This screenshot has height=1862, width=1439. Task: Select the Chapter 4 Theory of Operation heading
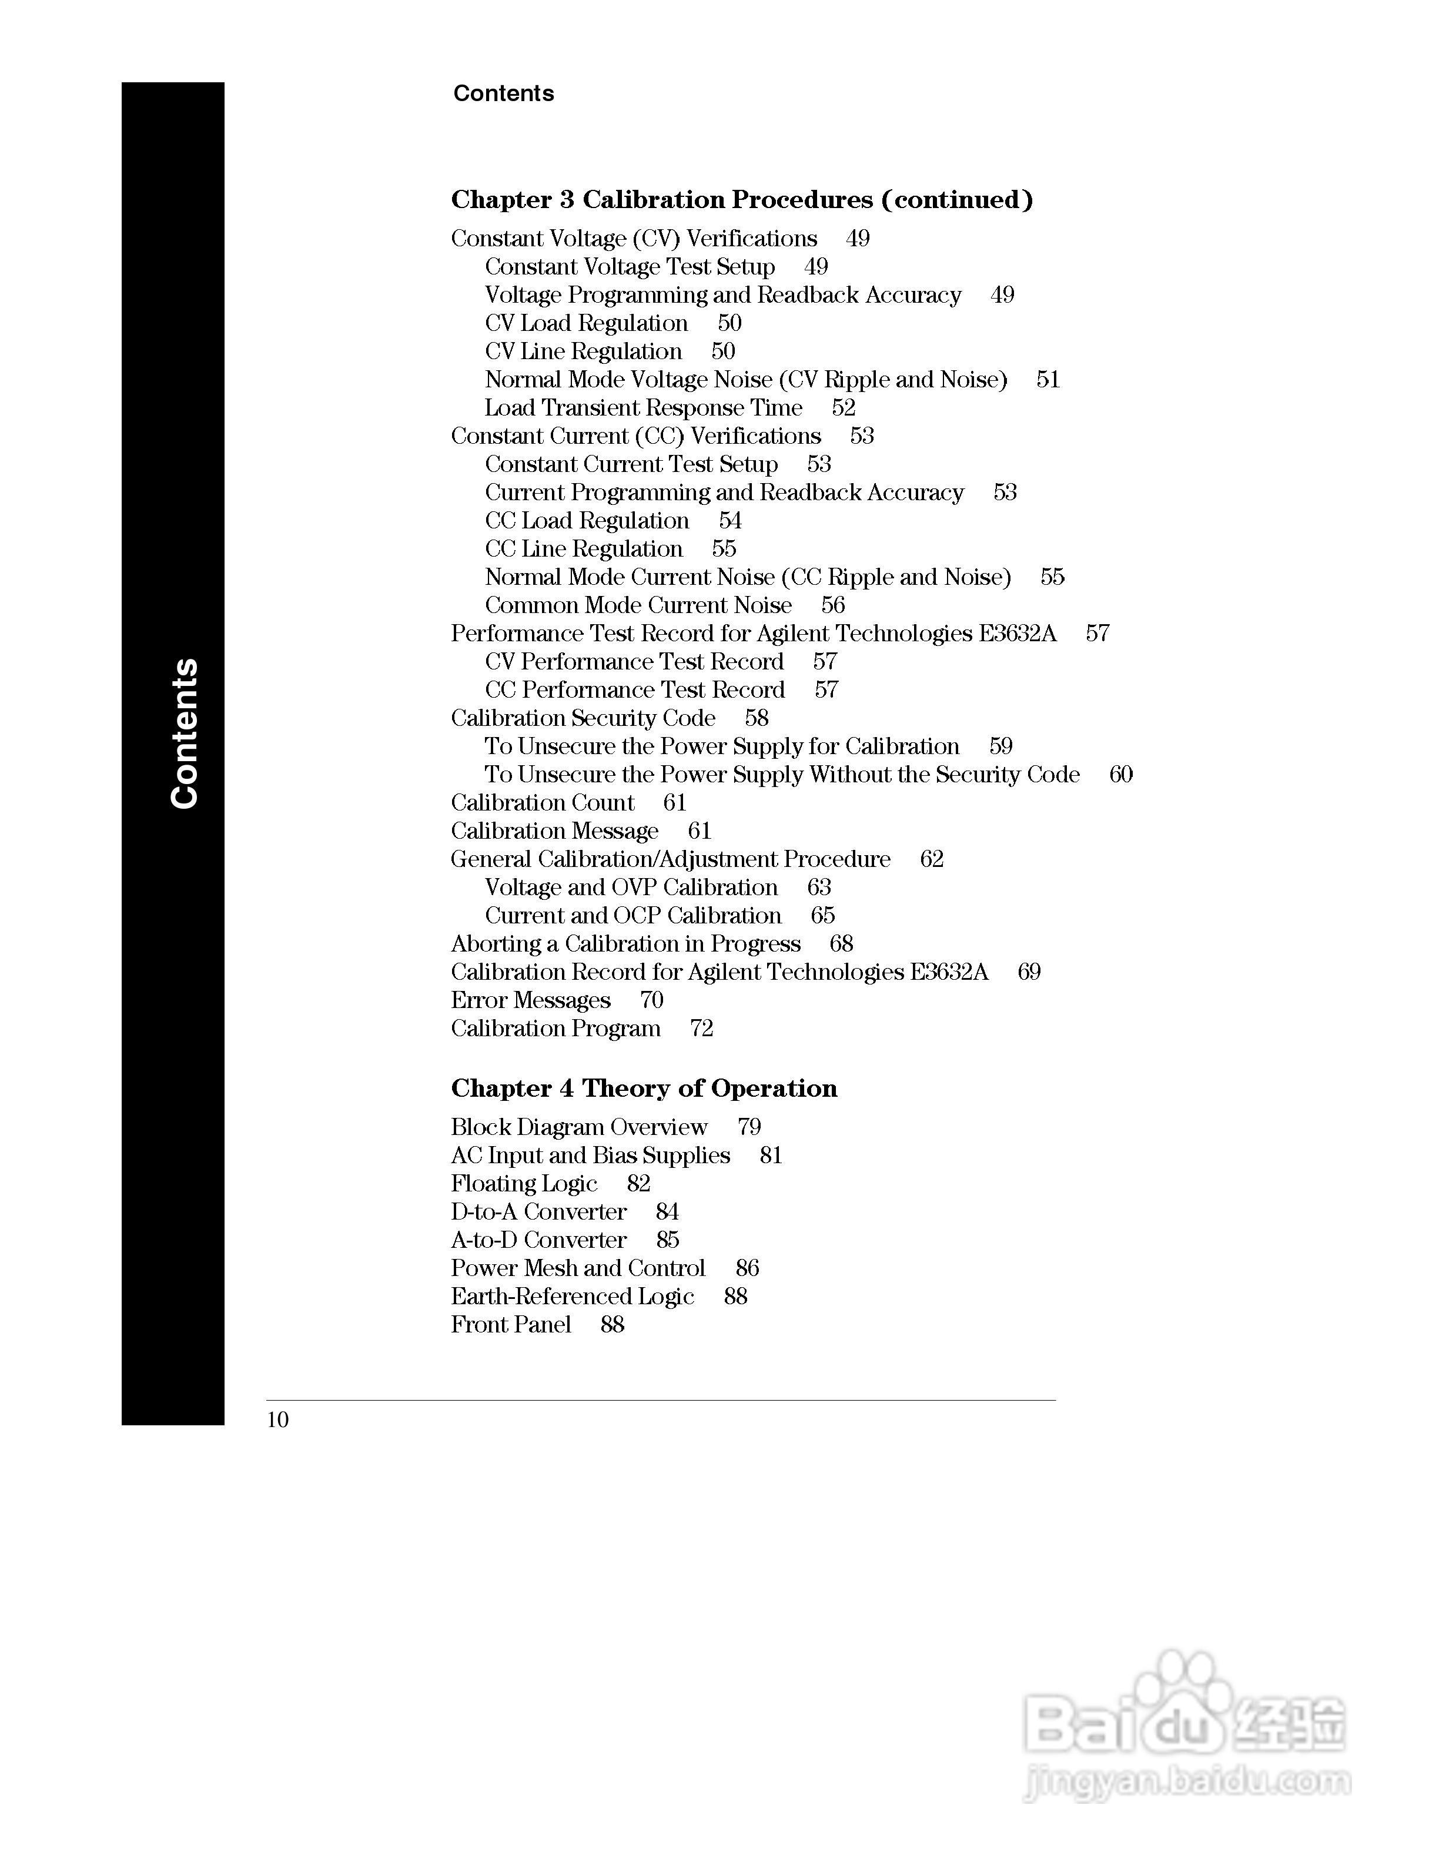tap(644, 1088)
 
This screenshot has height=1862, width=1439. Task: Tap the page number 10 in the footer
tap(278, 1419)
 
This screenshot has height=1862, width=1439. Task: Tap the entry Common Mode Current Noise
tap(638, 605)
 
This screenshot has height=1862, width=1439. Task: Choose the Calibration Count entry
tap(542, 802)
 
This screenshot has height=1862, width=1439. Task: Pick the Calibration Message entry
tap(554, 830)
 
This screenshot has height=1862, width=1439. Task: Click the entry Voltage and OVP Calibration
tap(631, 888)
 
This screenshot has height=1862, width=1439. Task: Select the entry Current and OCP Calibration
tap(633, 916)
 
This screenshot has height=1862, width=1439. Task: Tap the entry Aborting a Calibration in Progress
tap(625, 944)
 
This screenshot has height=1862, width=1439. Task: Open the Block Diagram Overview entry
tap(579, 1127)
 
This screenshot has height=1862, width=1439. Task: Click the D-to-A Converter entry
tap(539, 1211)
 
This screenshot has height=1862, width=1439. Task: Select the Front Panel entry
tap(511, 1325)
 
